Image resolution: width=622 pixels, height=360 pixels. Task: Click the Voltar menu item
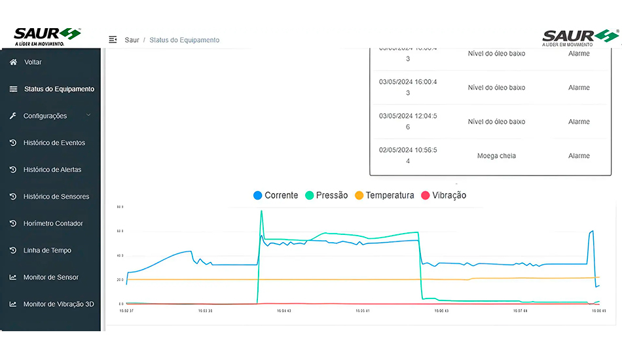pos(32,62)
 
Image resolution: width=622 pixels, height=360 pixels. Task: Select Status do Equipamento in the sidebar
pos(59,89)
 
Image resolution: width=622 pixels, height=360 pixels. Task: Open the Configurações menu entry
pos(45,116)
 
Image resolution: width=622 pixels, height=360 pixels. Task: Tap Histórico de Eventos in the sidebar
pos(54,143)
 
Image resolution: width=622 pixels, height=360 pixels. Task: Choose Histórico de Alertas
pos(52,170)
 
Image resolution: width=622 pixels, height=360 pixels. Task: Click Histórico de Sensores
pos(56,196)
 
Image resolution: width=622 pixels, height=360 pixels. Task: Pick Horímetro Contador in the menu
pos(53,223)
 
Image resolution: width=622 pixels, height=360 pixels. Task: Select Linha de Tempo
pos(47,250)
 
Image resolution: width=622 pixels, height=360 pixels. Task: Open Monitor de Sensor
pos(50,277)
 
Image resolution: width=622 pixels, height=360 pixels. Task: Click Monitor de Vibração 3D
pos(58,304)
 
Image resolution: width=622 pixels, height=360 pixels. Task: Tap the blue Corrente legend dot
pos(258,195)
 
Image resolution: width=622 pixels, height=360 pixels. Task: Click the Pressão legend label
pos(332,195)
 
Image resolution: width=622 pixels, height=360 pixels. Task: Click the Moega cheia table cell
pos(496,156)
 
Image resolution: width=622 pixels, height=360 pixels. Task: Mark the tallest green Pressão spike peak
pos(262,211)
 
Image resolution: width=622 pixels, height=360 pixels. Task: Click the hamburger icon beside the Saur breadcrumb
pos(113,40)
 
